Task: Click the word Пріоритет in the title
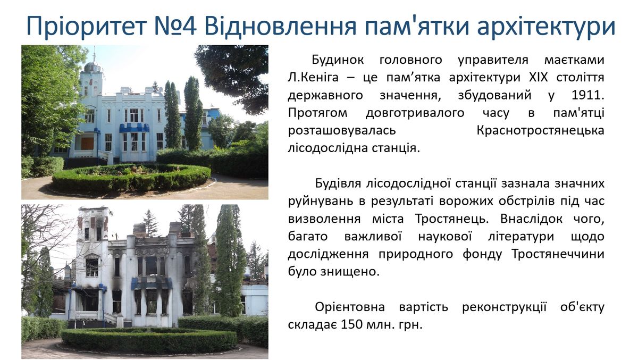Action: pos(86,26)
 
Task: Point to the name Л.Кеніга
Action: pos(313,77)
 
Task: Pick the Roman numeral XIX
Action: pos(538,77)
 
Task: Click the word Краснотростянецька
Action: pos(540,130)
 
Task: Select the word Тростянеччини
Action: pos(557,254)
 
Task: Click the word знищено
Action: pos(350,271)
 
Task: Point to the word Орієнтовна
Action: pos(350,307)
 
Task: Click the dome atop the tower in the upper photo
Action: pos(92,66)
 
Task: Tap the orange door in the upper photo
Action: pos(87,144)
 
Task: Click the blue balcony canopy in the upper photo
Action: pos(134,128)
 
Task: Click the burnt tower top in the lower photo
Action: pos(94,223)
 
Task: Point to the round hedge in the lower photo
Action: pos(149,341)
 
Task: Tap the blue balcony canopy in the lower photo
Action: pos(152,283)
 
